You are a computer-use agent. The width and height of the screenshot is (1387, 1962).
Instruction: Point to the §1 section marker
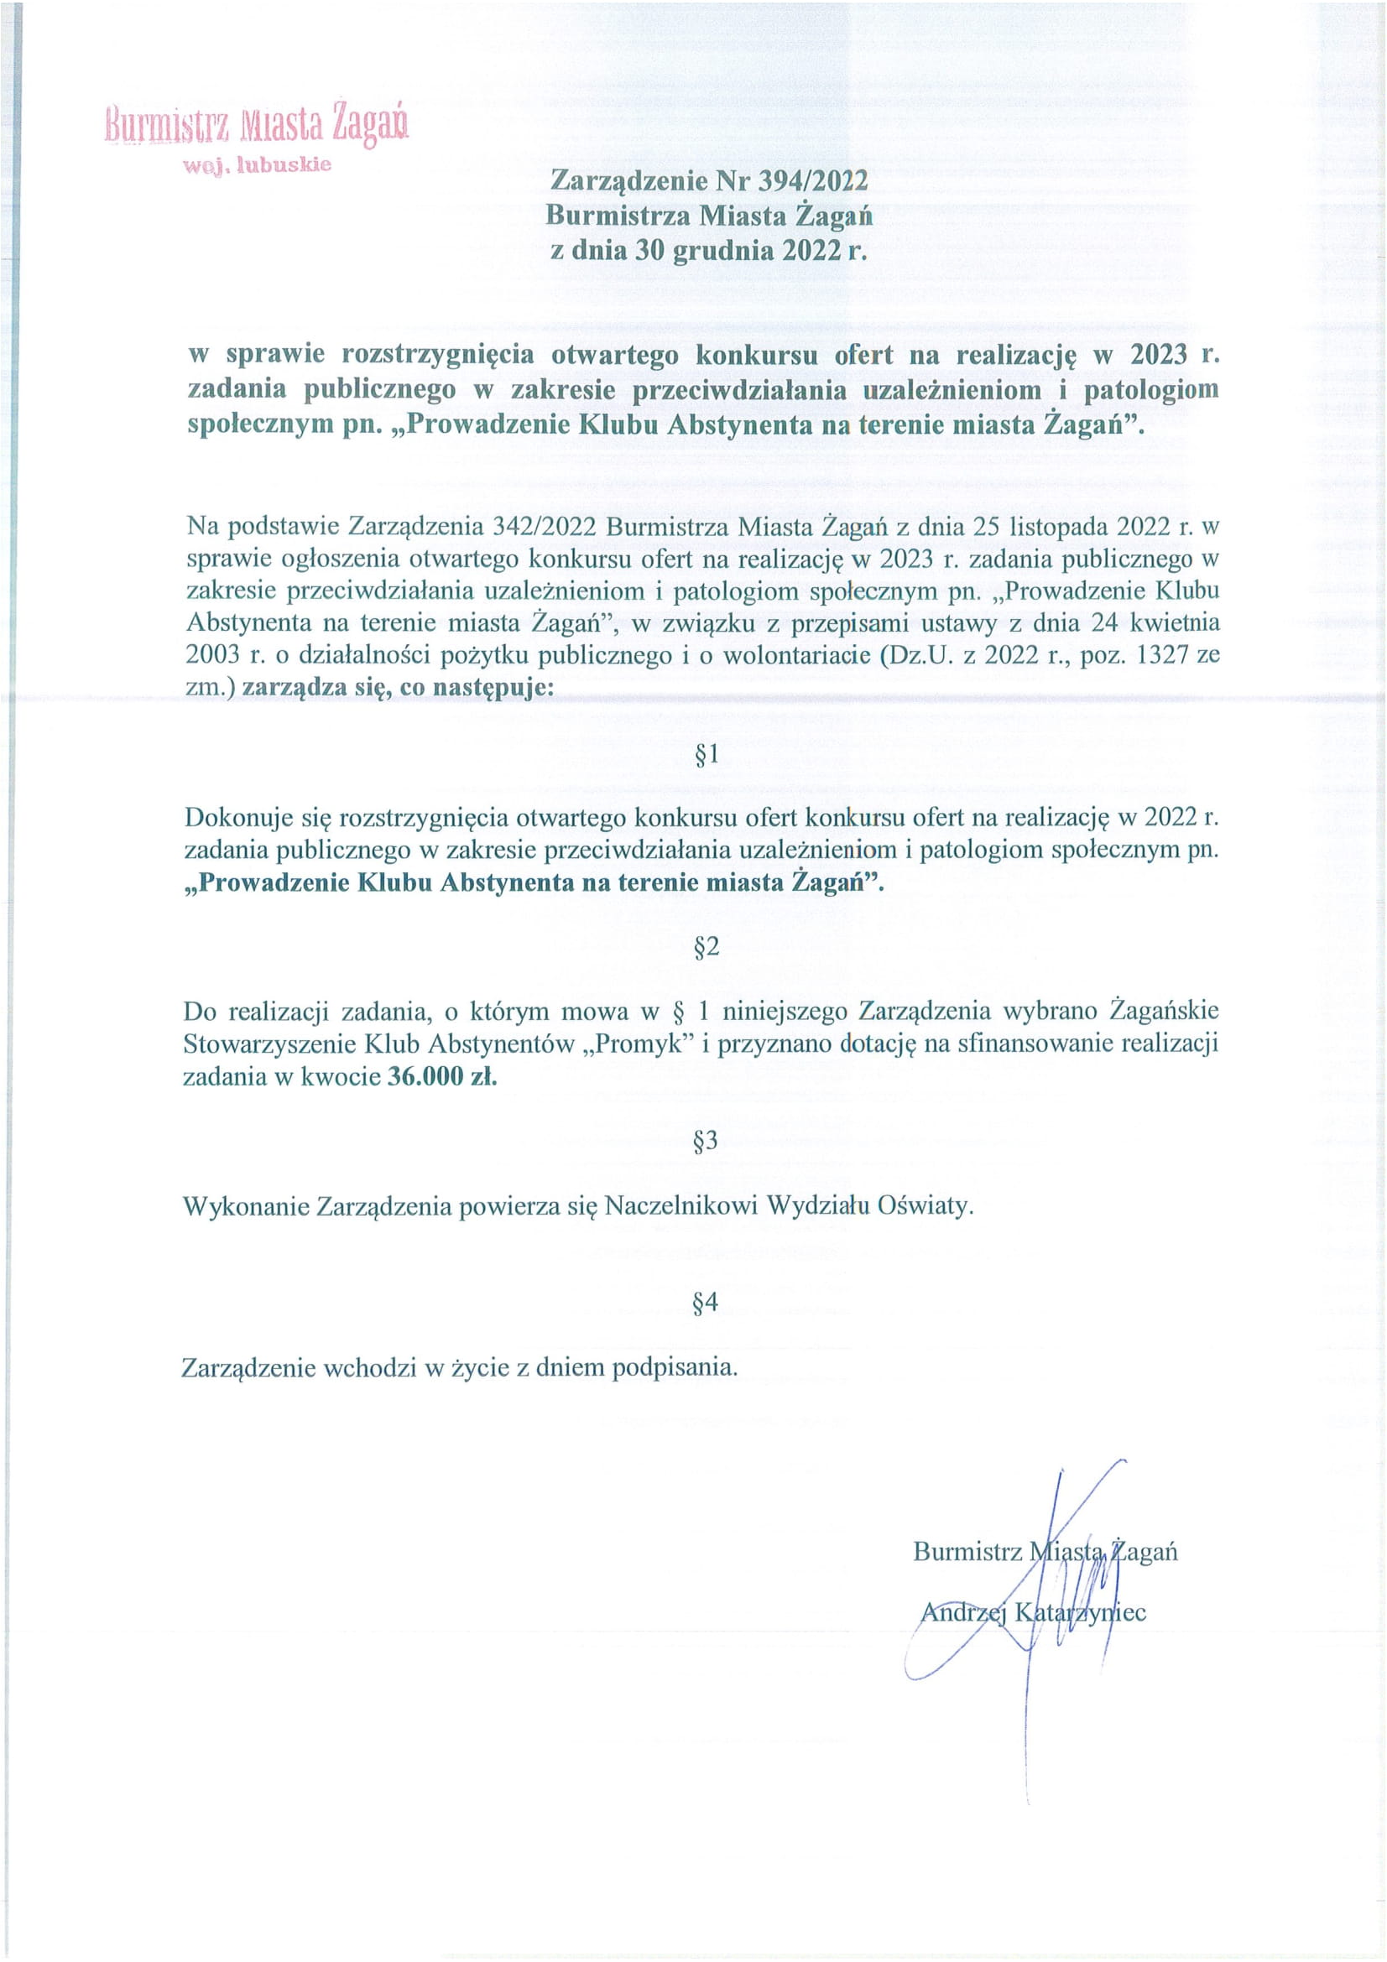coord(706,754)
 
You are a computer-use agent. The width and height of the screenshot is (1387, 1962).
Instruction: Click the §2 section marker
coord(706,947)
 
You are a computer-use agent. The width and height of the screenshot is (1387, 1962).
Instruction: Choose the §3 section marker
coord(706,1141)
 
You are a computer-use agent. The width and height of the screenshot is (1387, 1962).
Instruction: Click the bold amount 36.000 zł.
coord(442,1076)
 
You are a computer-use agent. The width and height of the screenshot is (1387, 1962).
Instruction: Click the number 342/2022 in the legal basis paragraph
coord(545,527)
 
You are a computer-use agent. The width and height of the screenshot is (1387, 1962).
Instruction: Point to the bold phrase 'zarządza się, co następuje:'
coord(398,688)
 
